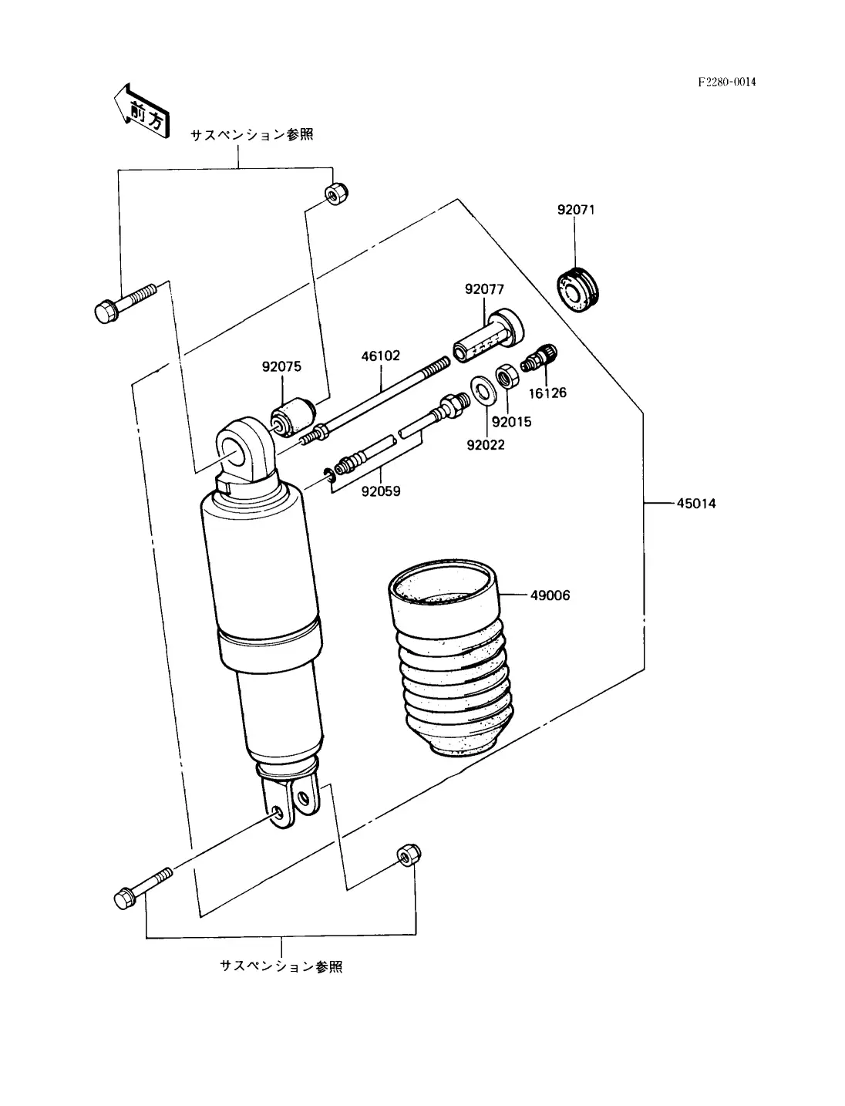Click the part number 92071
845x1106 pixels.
(576, 210)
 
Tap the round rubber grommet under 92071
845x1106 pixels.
(577, 290)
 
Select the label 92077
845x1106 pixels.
(484, 289)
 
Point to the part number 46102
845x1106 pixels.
(380, 356)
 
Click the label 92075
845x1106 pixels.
(281, 367)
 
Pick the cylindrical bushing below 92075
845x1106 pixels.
(292, 416)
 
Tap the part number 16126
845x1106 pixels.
(547, 393)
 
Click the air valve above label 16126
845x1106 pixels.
(539, 358)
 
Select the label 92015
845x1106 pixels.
(512, 422)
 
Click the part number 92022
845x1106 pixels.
(486, 446)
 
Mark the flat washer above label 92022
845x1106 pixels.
(482, 389)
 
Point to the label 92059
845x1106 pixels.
(381, 491)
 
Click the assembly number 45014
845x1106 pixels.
(696, 504)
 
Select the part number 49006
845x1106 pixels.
(550, 595)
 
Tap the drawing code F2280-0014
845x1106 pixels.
(727, 82)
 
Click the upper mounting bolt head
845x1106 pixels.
(106, 312)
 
